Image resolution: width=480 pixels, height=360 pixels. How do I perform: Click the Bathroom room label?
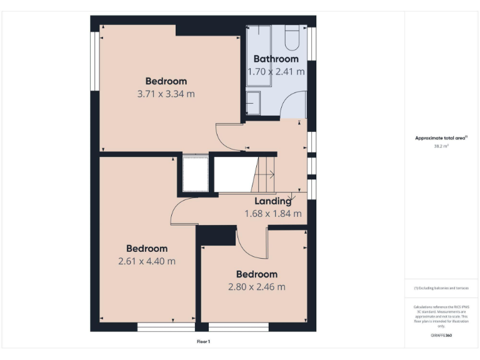276,59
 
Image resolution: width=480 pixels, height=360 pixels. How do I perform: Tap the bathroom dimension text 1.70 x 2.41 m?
276,71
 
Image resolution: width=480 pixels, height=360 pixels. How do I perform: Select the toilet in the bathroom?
292,39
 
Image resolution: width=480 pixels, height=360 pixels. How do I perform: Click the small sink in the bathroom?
253,101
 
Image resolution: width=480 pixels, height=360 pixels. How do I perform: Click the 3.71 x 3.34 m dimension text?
166,94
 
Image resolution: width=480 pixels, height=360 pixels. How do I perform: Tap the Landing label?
272,201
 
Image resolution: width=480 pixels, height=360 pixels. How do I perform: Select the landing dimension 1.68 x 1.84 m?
272,214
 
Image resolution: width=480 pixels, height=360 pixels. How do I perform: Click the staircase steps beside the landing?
264,174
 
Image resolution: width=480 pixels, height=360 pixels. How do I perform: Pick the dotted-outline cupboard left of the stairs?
195,174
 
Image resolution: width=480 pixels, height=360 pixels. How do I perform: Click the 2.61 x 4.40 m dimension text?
147,261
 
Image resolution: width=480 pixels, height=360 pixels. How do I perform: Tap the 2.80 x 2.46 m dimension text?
256,287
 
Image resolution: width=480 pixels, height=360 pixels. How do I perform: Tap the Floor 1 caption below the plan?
203,342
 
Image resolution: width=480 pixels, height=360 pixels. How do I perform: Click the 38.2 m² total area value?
441,146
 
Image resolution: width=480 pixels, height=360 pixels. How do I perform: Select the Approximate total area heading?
441,138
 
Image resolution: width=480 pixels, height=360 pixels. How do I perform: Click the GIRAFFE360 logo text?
441,336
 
